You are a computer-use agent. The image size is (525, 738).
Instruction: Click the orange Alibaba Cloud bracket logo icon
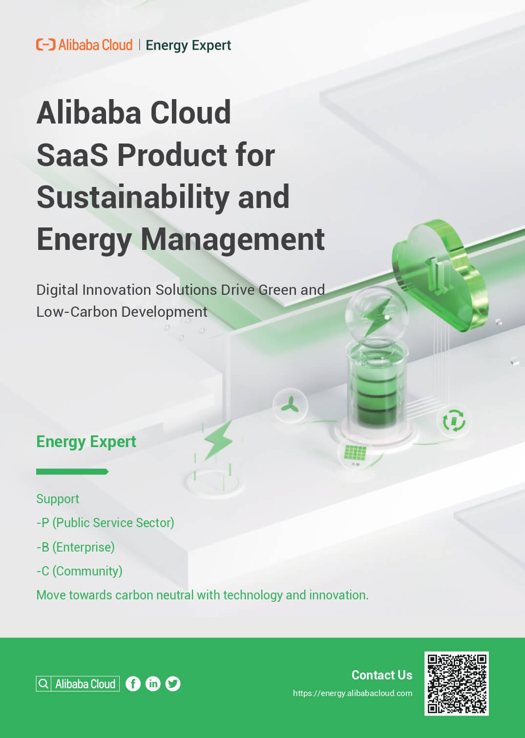46,44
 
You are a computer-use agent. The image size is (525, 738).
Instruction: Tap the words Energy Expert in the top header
188,45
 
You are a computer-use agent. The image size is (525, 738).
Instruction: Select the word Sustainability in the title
133,198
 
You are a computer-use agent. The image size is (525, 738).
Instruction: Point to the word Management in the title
232,240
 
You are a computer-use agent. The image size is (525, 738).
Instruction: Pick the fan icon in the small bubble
290,405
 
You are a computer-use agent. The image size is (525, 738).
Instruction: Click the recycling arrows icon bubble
454,420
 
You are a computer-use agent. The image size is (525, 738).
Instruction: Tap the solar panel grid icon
355,452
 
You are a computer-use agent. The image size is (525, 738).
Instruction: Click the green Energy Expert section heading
86,442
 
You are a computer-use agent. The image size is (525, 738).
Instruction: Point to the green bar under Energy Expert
72,471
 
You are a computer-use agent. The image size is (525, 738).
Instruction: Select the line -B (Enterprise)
76,547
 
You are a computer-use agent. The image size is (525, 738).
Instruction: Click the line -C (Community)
80,571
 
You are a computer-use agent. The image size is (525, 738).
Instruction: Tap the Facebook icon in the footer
133,684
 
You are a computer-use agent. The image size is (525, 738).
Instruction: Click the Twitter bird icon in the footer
173,684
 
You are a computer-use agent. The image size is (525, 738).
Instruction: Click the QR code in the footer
457,683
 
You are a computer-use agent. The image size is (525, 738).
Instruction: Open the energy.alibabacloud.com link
353,693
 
